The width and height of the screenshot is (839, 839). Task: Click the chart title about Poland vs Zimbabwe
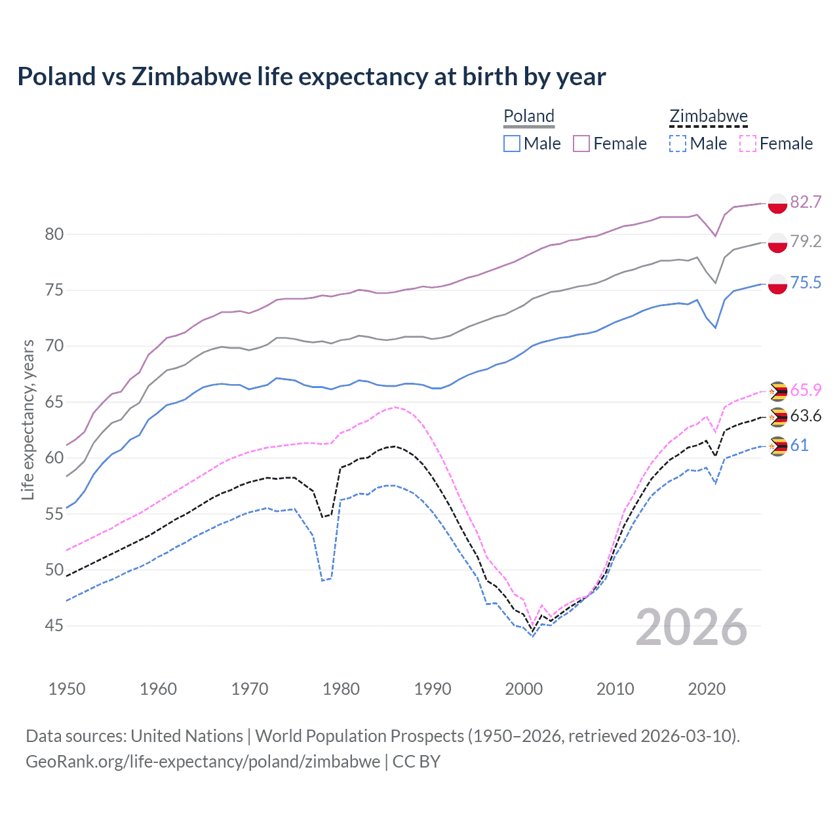[311, 77]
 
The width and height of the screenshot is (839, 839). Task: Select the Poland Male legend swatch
[512, 144]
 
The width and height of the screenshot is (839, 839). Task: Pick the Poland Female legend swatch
[581, 144]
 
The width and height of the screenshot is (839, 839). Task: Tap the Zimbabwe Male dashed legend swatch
[678, 144]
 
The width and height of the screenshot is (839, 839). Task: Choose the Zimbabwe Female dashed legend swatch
[747, 144]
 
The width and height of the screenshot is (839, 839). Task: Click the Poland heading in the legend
[529, 116]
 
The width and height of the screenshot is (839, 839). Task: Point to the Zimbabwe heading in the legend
[708, 116]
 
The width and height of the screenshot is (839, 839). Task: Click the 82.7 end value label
[806, 202]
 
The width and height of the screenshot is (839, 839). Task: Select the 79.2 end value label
[806, 242]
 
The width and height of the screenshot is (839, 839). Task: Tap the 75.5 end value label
[806, 283]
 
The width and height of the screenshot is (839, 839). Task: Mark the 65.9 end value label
[806, 390]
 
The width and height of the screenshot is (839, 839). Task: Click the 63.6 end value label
[806, 416]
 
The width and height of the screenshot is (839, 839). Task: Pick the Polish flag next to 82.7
[777, 203]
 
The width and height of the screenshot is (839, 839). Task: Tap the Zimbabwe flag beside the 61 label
[777, 446]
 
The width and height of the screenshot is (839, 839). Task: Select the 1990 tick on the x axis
[433, 689]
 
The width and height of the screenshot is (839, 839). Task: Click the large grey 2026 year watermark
[692, 627]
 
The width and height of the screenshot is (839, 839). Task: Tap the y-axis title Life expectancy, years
[28, 419]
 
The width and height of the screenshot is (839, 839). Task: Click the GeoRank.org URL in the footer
[203, 762]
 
